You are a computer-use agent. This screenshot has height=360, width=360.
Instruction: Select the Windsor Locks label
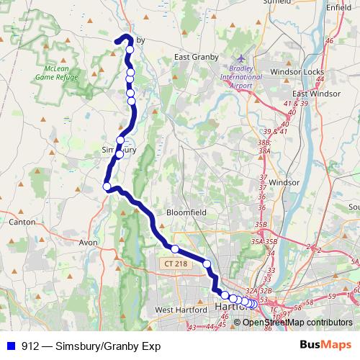point(294,73)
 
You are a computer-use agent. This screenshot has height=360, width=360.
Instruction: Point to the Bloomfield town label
point(186,213)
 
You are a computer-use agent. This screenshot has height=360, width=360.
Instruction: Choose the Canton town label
point(22,222)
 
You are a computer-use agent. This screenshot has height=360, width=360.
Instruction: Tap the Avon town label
point(88,243)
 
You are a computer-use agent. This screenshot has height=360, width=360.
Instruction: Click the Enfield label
point(338,6)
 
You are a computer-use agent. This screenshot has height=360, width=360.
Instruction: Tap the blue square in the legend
point(10,346)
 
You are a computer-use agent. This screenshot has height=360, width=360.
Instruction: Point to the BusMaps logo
point(325,345)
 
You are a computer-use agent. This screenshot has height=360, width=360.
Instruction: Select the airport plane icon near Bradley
point(240,58)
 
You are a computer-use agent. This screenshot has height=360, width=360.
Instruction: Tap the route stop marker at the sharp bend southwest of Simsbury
point(107,187)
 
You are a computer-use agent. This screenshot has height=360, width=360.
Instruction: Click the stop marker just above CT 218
point(174,249)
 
